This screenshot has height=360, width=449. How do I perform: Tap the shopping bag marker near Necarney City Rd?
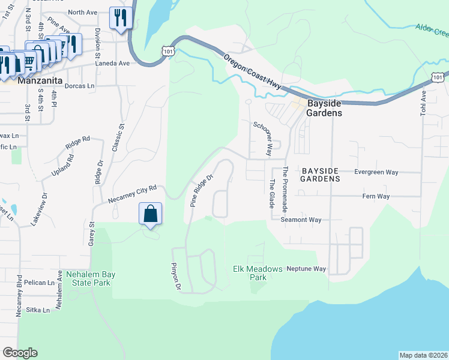click(150, 214)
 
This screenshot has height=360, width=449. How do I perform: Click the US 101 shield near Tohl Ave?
click(439, 77)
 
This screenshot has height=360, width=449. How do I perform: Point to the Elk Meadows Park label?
click(258, 273)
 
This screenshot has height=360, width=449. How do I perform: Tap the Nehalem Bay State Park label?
click(91, 278)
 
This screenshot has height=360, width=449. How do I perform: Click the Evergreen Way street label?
click(376, 172)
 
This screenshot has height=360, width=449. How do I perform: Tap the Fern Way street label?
click(376, 196)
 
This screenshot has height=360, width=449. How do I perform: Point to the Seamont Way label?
click(301, 220)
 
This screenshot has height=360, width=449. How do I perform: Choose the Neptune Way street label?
click(306, 269)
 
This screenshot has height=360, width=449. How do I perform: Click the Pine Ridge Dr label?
click(202, 191)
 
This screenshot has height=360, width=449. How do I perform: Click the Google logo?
click(20, 353)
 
